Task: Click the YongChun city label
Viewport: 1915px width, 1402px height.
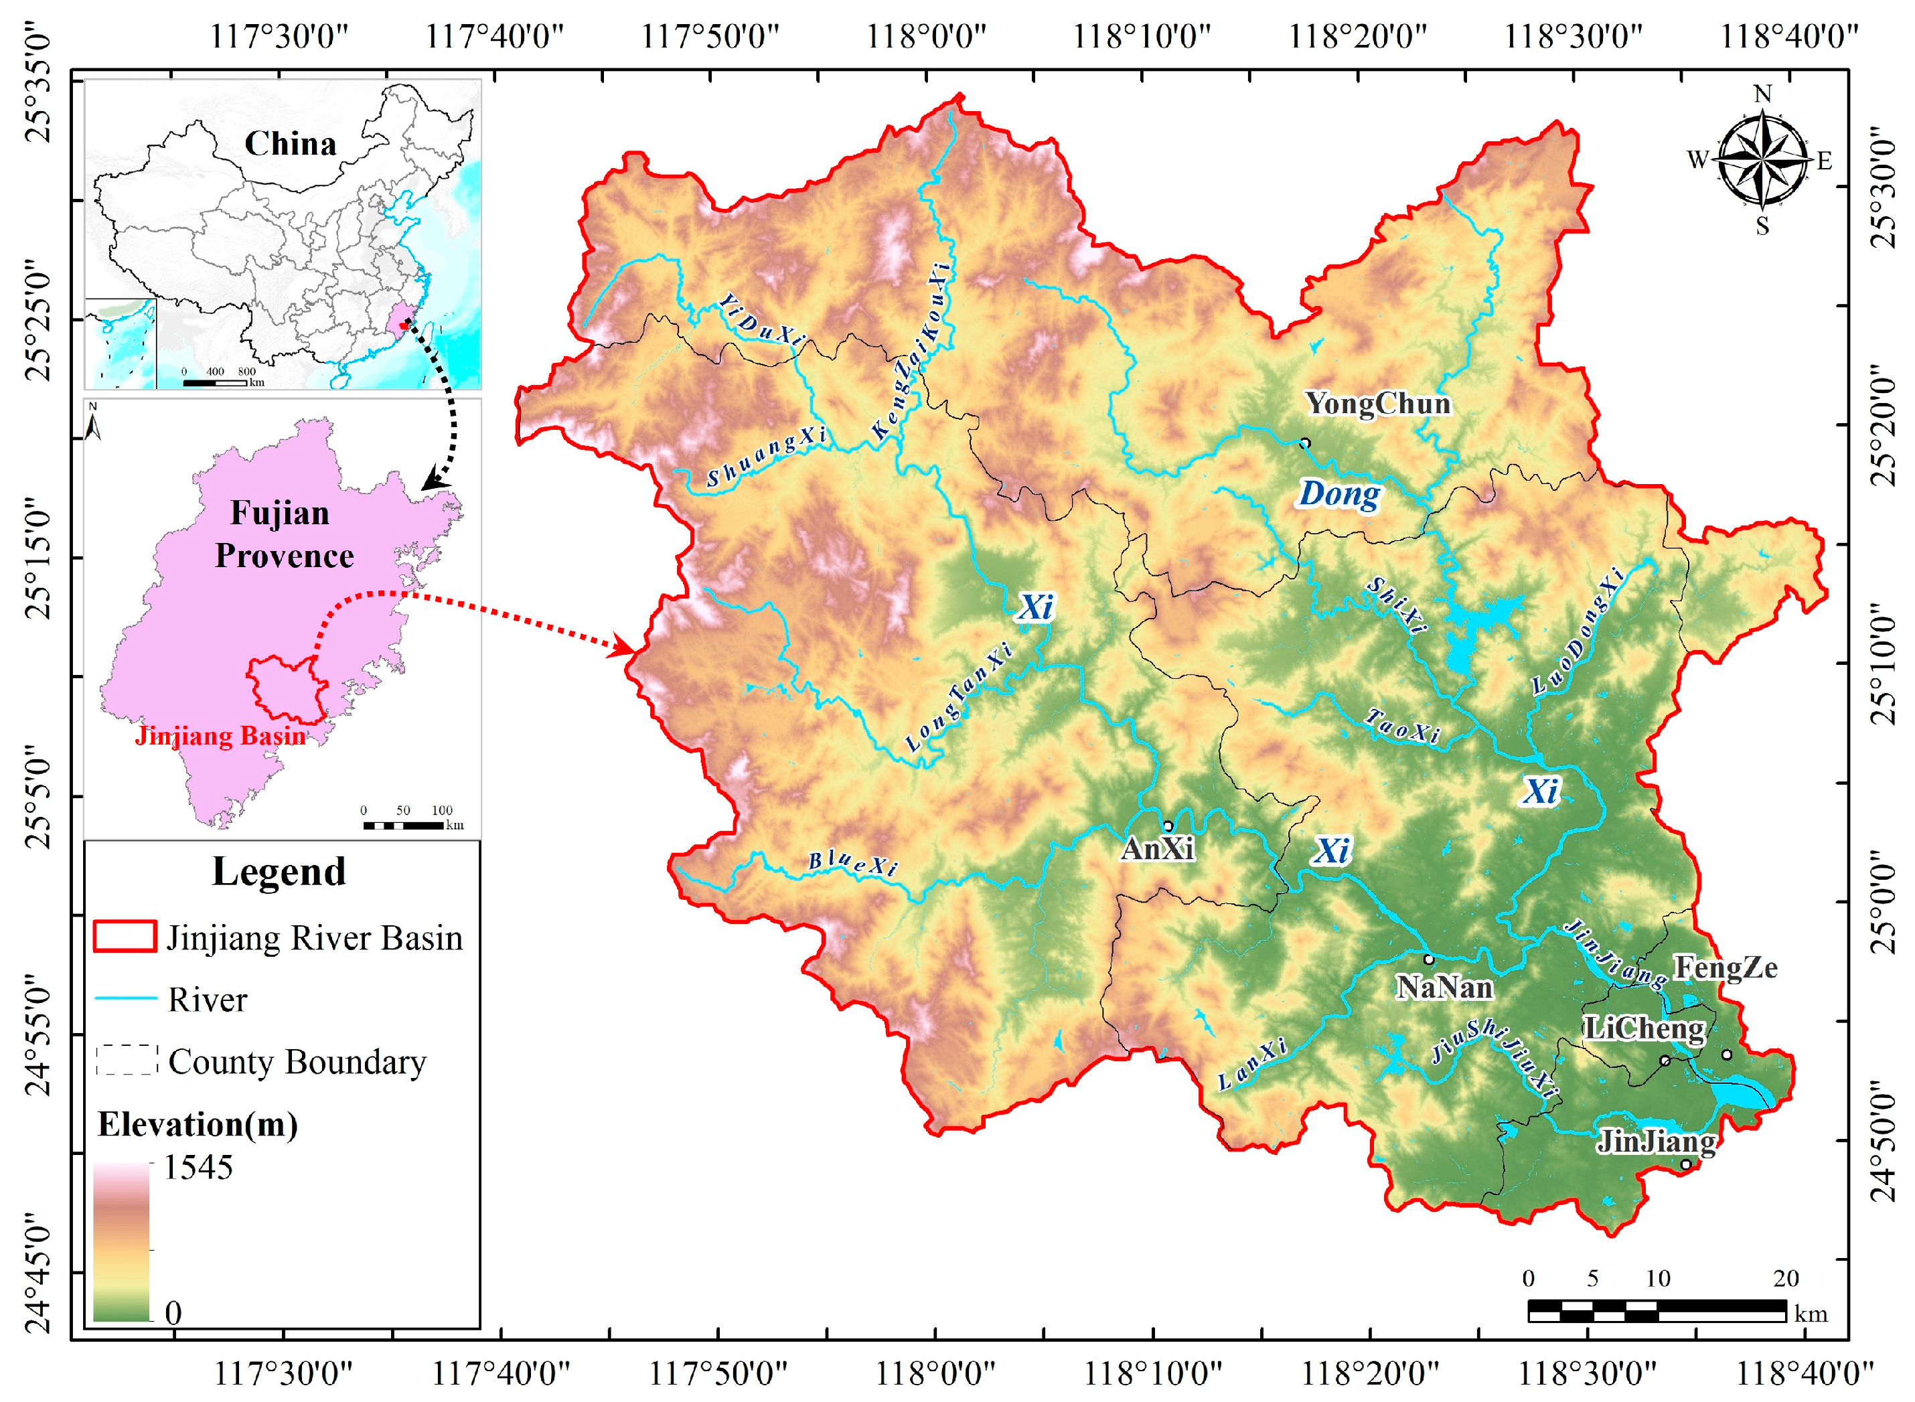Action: tap(1377, 404)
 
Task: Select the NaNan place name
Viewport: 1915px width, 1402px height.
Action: tap(1444, 987)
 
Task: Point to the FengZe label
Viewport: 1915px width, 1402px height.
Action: tap(1725, 967)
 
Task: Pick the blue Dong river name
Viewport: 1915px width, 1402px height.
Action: tap(1338, 494)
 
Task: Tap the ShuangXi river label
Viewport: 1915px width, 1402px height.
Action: tap(765, 456)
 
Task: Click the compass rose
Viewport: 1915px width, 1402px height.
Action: tap(1762, 159)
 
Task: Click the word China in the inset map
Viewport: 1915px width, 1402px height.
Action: tap(291, 143)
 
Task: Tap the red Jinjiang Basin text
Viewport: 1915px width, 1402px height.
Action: tap(220, 736)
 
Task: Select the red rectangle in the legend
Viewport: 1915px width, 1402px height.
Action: tap(125, 937)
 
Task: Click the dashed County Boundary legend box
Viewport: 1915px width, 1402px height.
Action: tap(127, 1061)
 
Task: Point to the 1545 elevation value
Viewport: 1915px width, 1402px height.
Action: tap(198, 1168)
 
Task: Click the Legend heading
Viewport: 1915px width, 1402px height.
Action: tap(279, 872)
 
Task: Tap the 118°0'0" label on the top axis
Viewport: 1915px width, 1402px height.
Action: tap(925, 37)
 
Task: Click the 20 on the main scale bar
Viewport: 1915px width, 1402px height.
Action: tap(1785, 1278)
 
